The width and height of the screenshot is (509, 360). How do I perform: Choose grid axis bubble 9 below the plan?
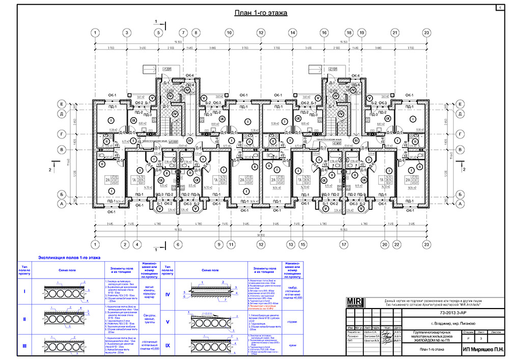[219, 244]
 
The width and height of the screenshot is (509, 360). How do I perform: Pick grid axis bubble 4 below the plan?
[136, 244]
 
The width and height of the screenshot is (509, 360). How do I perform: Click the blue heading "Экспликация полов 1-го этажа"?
[70, 259]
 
